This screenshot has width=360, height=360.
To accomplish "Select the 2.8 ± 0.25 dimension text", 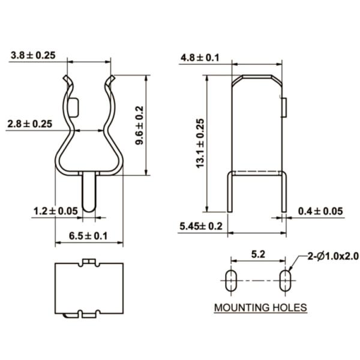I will click(29, 124).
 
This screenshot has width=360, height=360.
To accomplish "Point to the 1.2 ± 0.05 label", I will click(56, 211).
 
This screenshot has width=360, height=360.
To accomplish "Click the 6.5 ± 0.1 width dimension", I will click(88, 236).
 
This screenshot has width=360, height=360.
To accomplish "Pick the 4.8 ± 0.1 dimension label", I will click(199, 58).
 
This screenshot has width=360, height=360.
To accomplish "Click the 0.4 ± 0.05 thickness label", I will click(320, 211).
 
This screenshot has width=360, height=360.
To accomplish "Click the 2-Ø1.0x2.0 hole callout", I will click(333, 256).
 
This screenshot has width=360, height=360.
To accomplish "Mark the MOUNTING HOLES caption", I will click(260, 308).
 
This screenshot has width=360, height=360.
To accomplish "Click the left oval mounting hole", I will click(230, 280).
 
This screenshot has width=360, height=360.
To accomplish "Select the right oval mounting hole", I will click(284, 280).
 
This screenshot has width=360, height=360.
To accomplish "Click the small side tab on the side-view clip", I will click(284, 107).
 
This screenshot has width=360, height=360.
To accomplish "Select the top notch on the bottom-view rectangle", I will click(88, 262).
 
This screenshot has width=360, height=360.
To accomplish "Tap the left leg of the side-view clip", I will click(229, 192).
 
